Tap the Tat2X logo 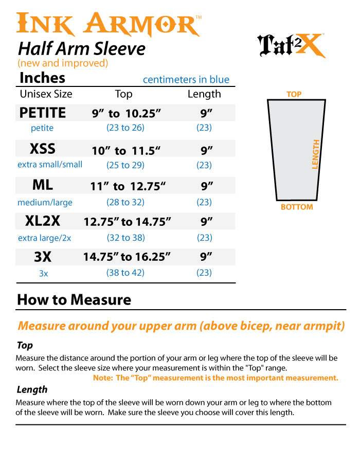click(292, 45)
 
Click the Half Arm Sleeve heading click(82, 49)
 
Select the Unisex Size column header click(46, 94)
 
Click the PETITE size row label click(43, 113)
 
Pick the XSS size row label click(43, 149)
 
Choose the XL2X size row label click(43, 221)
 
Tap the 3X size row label click(43, 257)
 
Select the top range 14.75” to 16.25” click(127, 257)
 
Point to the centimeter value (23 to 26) click(125, 128)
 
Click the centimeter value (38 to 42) click(125, 273)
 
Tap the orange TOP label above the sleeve click(294, 95)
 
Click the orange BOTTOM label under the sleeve click(297, 207)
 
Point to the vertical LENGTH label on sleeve click(316, 154)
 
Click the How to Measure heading click(74, 300)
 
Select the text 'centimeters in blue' click(186, 80)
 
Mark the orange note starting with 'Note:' click(215, 378)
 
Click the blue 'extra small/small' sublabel click(50, 165)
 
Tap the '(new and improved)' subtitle click(63, 63)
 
